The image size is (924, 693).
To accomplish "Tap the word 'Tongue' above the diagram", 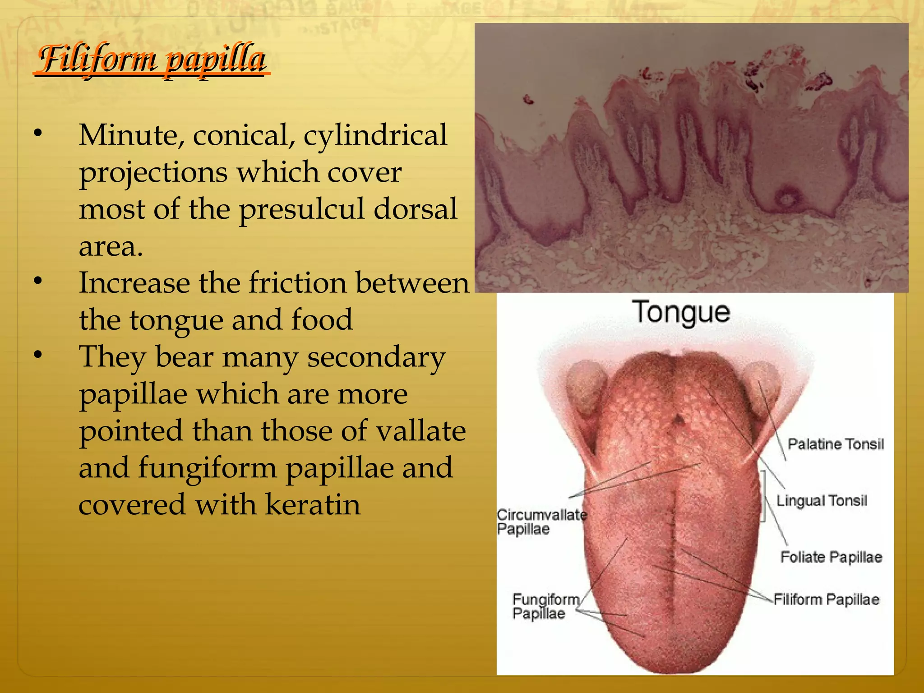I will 681,312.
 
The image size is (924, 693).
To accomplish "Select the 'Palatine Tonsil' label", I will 835,444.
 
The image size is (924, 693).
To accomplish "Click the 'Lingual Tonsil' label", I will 822,500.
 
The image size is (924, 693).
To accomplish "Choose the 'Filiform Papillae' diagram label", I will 826,599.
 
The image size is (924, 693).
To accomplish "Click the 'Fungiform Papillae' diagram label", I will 545,606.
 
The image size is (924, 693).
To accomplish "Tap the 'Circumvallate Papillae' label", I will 541,521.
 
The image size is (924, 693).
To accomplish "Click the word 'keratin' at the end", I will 313,504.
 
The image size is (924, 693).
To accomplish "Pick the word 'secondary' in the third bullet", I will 376,357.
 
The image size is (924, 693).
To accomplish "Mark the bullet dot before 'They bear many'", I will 38,355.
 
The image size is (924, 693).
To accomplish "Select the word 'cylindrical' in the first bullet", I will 375,135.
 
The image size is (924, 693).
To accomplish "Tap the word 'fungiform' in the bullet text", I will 207,467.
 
